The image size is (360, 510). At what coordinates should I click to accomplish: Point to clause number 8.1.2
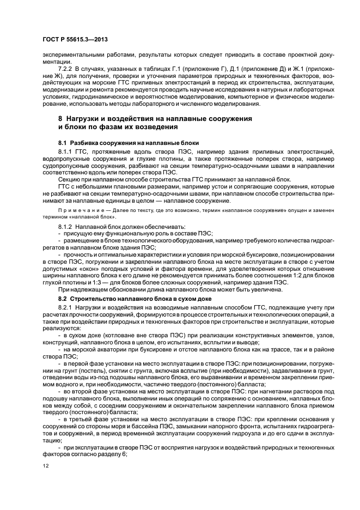(x=66, y=225)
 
